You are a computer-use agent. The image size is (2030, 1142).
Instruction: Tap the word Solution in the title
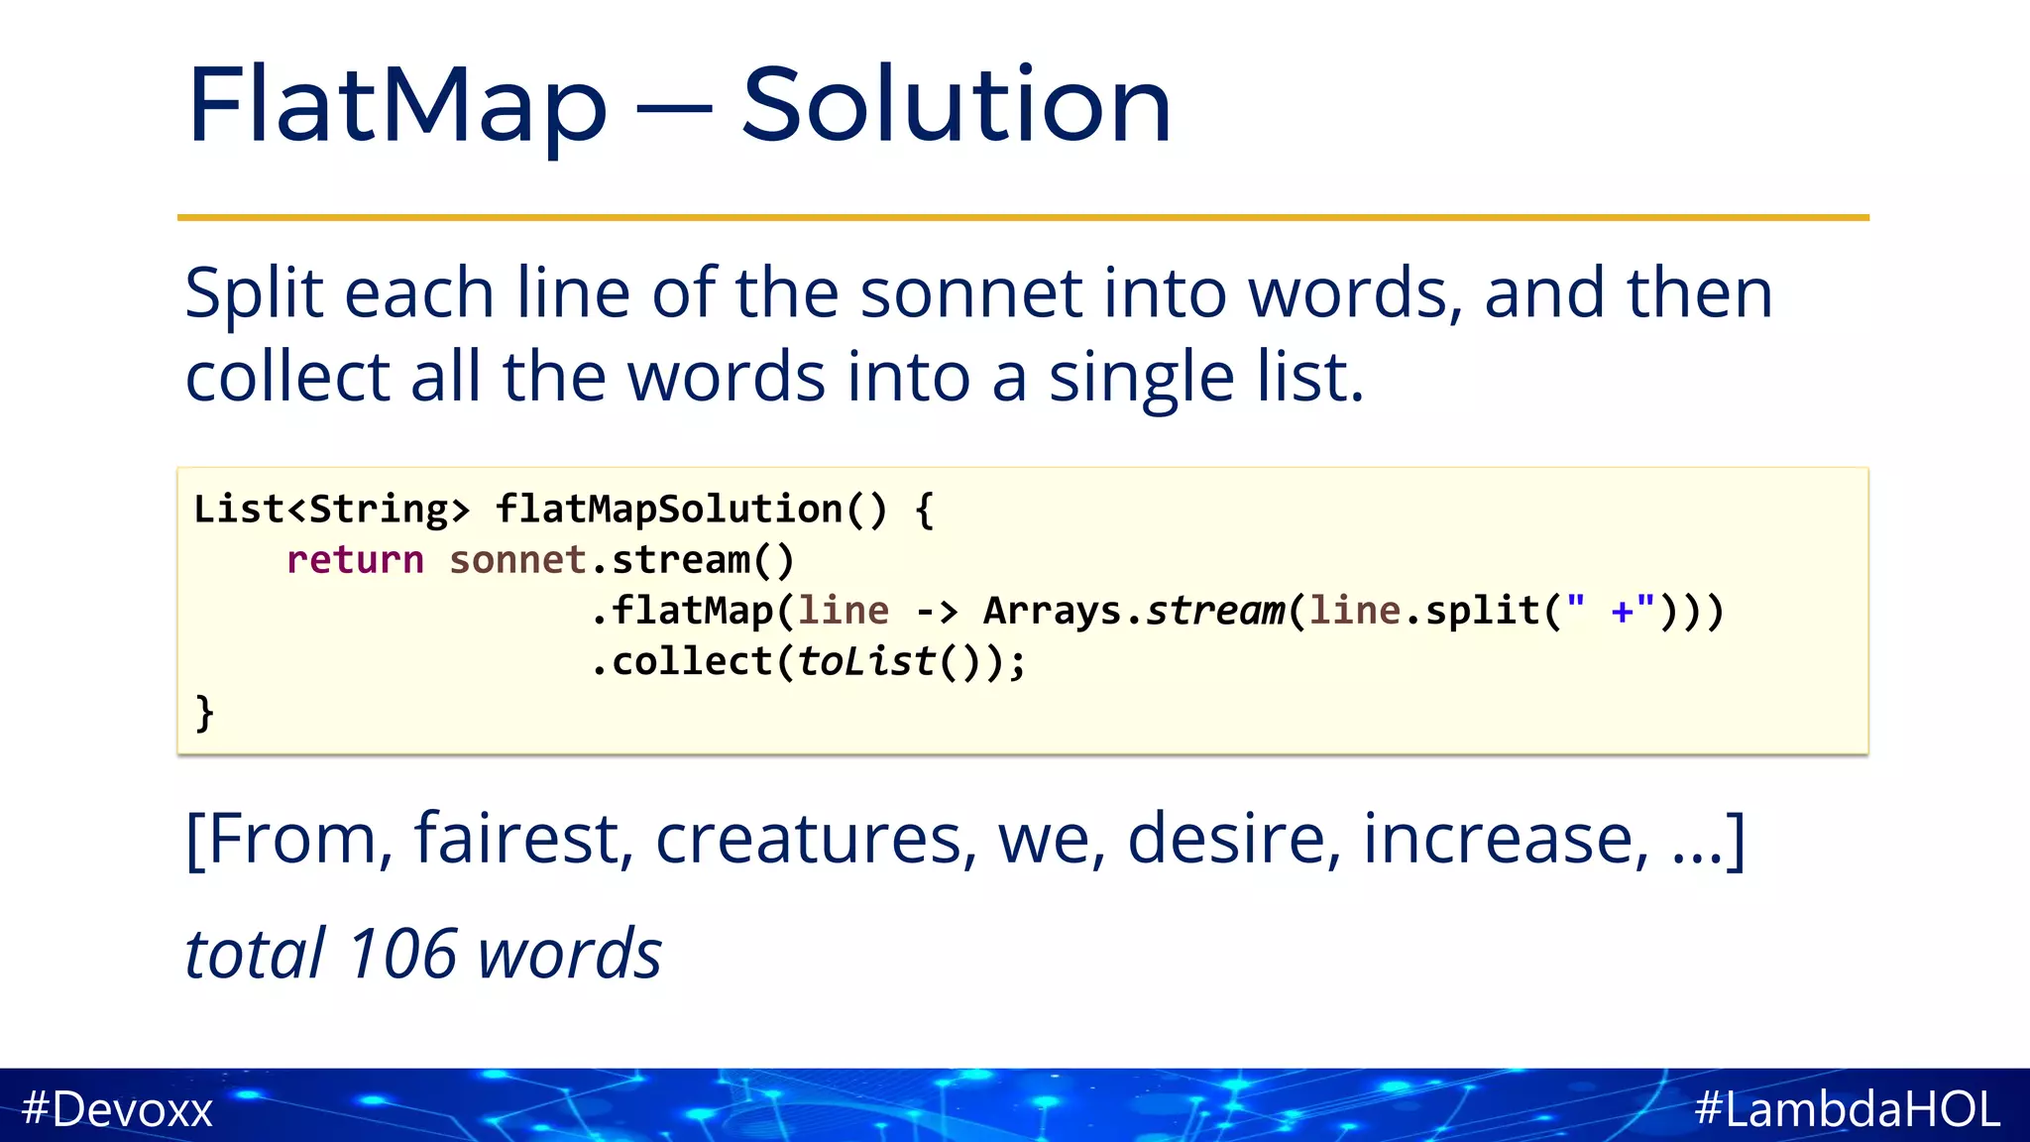click(x=957, y=105)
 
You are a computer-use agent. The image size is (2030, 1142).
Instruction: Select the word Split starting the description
click(x=254, y=295)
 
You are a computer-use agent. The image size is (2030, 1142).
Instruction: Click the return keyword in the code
click(x=355, y=560)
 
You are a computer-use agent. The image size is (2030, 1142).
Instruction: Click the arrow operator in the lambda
click(x=936, y=611)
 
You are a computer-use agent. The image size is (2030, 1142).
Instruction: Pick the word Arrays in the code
click(x=1053, y=611)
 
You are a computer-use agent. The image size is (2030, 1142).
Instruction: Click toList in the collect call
click(x=865, y=661)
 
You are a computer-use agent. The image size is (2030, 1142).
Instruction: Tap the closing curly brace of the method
click(x=204, y=713)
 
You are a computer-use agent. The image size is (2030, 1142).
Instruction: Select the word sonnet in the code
click(x=517, y=560)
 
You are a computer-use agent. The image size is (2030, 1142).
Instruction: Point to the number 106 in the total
click(x=402, y=955)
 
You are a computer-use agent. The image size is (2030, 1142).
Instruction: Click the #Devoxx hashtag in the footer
click(x=117, y=1108)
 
